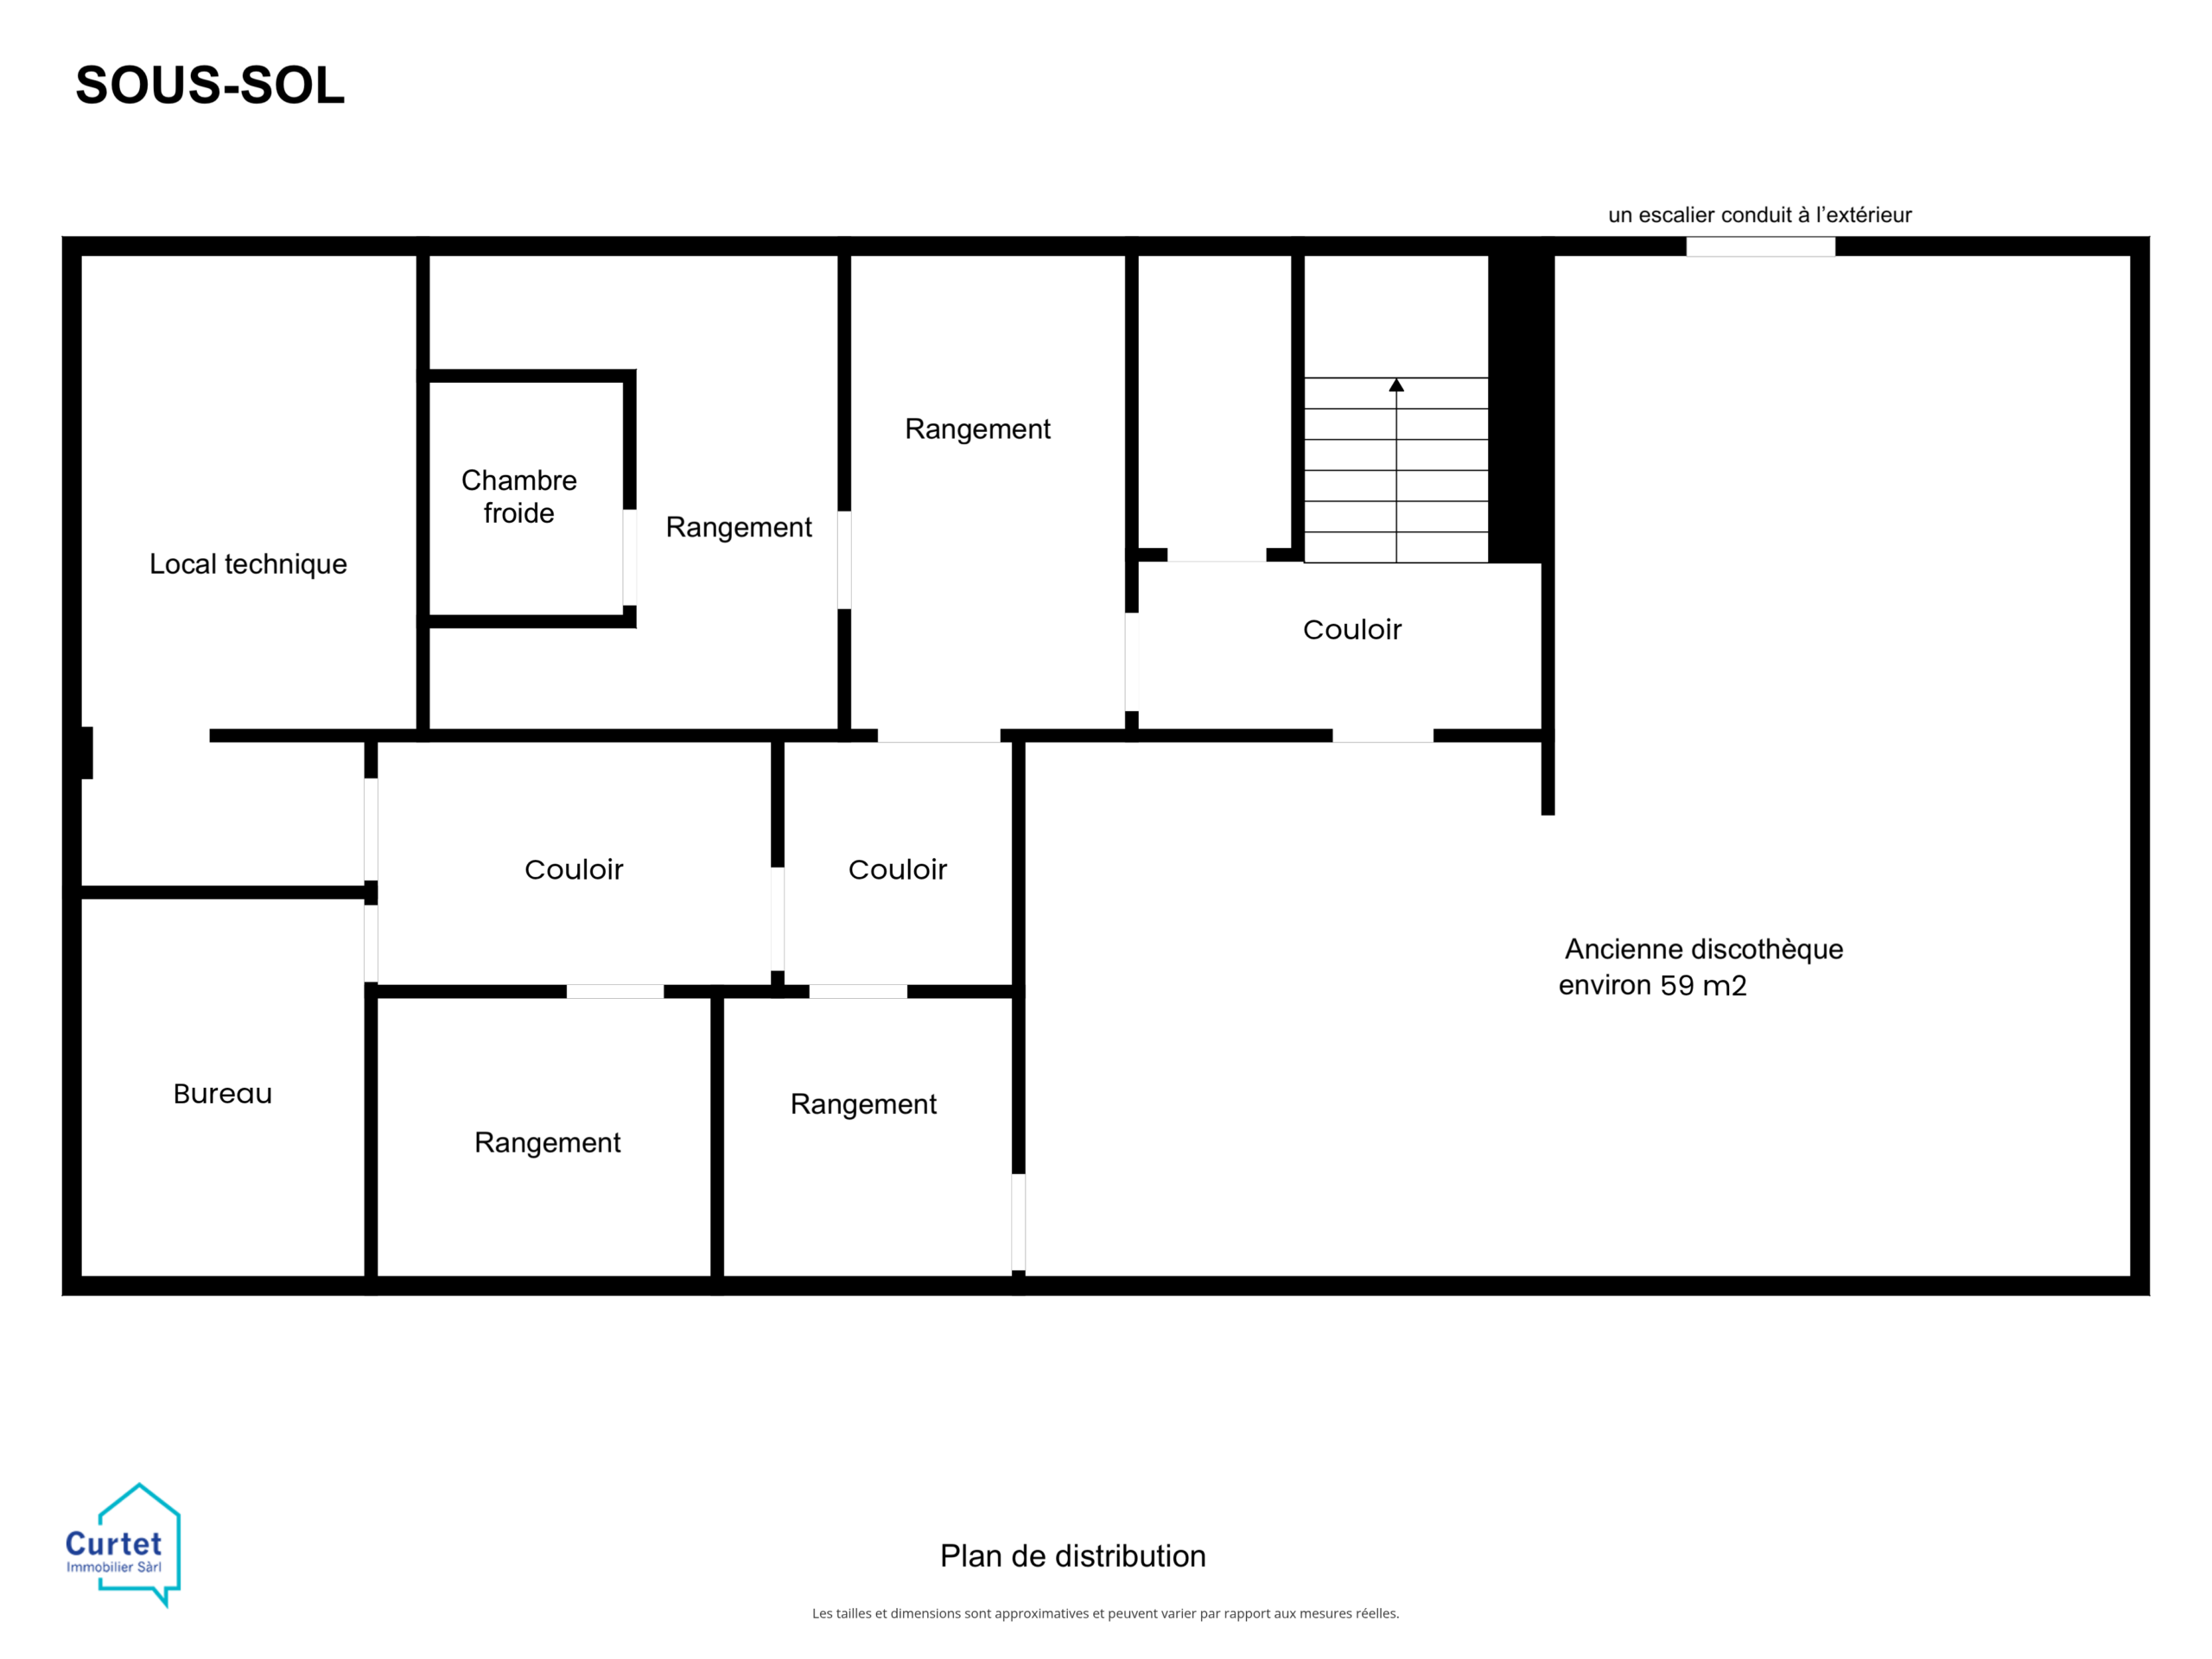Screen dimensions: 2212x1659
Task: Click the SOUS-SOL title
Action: [x=210, y=85]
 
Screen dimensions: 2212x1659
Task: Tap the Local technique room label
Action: [x=248, y=564]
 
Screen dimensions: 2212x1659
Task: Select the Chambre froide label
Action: [x=519, y=496]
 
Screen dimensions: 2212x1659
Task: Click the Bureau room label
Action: [x=222, y=1093]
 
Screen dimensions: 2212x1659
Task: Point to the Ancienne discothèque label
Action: [x=1703, y=949]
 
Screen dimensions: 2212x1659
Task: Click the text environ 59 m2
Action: [x=1652, y=985]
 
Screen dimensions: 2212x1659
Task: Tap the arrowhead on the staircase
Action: [x=1396, y=385]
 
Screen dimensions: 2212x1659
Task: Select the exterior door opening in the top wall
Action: [x=1760, y=246]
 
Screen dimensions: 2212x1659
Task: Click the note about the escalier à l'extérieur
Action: [x=1759, y=215]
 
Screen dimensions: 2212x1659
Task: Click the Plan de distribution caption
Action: [x=1073, y=1556]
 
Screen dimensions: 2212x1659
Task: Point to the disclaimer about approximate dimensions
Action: [x=1105, y=1613]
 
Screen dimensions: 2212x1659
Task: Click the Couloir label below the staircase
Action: [x=1352, y=629]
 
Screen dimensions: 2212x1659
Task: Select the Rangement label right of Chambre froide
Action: [x=739, y=527]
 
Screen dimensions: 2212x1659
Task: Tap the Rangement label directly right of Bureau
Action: [x=547, y=1142]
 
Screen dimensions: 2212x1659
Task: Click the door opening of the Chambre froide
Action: [x=630, y=557]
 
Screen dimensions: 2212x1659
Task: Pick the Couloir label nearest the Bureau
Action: [x=573, y=869]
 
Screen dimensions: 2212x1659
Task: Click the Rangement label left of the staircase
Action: [x=977, y=429]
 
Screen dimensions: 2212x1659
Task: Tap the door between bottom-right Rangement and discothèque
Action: [x=1018, y=1222]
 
